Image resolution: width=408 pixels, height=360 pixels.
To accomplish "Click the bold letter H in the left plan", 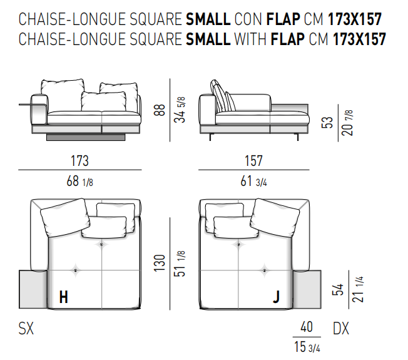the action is [x=64, y=297].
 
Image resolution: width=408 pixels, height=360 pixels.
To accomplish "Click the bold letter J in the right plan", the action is [x=277, y=297].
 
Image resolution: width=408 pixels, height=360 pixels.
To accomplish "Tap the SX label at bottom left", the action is [x=26, y=328].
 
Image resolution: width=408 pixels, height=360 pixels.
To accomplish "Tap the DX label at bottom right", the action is [x=341, y=328].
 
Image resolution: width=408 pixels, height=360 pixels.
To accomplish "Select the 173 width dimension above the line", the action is [x=80, y=161].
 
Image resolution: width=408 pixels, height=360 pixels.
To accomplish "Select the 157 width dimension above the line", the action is [x=253, y=161].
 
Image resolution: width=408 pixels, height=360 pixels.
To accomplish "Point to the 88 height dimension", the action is [x=160, y=110].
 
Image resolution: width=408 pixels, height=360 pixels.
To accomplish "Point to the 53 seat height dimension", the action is [x=327, y=122].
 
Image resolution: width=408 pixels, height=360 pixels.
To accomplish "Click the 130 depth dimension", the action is [x=160, y=263].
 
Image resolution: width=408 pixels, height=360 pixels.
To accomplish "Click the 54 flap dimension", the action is [x=338, y=289].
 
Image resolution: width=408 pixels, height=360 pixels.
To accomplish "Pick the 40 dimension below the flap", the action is [x=307, y=327].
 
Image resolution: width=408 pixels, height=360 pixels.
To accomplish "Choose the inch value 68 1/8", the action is [x=79, y=181].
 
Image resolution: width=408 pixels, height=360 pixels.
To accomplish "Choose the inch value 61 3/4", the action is [x=253, y=181].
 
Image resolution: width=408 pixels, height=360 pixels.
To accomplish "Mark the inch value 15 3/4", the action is [x=307, y=347].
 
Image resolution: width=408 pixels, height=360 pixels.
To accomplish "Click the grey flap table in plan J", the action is [x=307, y=289].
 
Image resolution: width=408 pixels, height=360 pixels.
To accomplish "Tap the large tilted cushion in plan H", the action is [x=65, y=218].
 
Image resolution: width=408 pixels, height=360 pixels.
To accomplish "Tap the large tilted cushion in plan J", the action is [x=275, y=218].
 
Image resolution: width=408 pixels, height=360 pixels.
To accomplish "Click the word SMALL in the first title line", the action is [x=208, y=19].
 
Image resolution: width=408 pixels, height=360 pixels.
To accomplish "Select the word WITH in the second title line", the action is [x=250, y=39].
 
